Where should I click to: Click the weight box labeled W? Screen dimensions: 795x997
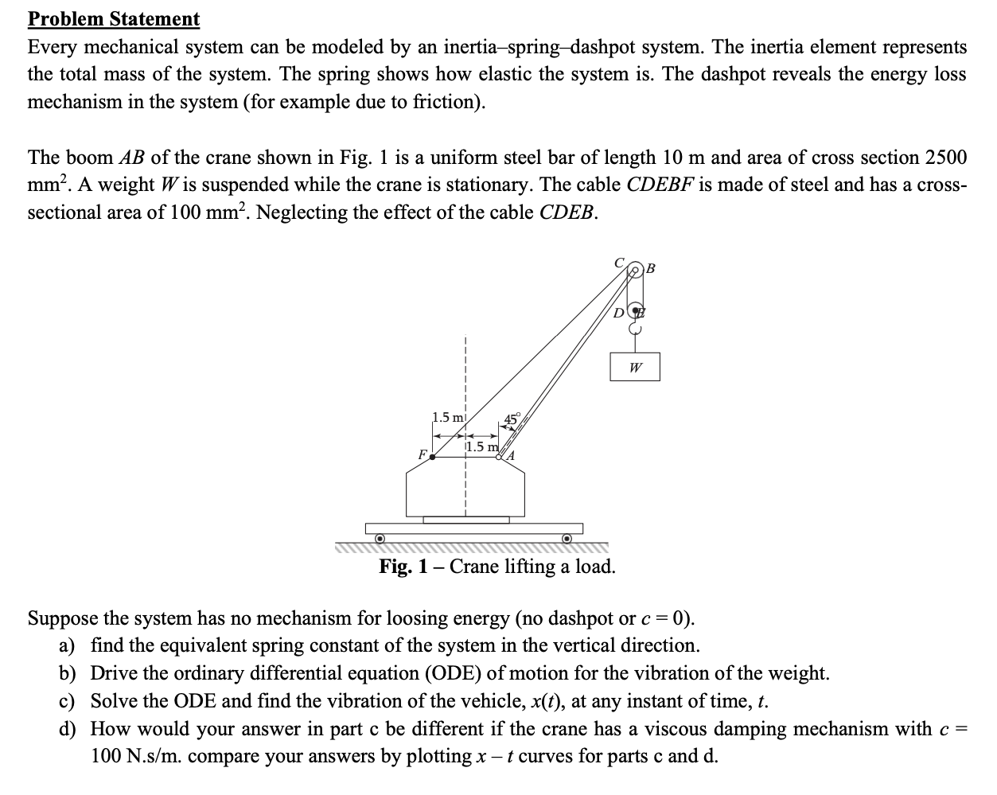pos(635,368)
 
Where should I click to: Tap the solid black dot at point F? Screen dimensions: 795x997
pos(432,458)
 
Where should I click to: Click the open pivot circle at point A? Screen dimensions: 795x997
pos(500,457)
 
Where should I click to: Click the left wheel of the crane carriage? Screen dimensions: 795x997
pos(380,539)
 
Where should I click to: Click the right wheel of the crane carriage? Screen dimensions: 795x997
pos(567,539)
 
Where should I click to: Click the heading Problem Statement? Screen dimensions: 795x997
pos(114,18)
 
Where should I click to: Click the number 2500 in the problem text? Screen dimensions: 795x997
pos(941,157)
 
